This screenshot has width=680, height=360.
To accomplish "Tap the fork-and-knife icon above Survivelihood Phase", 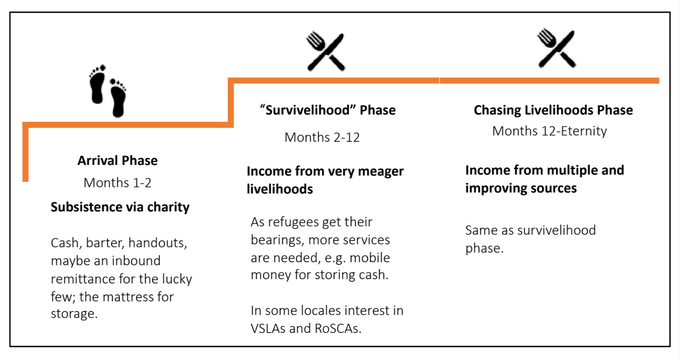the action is pyautogui.click(x=325, y=51).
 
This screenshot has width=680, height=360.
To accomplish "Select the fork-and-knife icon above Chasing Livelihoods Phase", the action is pyautogui.click(x=556, y=48).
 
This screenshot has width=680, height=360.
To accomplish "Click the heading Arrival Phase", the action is pyautogui.click(x=117, y=160).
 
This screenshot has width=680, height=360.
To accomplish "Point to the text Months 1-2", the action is pyautogui.click(x=117, y=182).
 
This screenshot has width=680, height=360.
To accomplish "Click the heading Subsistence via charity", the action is pyautogui.click(x=120, y=207).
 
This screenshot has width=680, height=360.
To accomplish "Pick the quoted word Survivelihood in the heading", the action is pyautogui.click(x=308, y=110).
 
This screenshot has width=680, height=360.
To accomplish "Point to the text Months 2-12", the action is pyautogui.click(x=322, y=137).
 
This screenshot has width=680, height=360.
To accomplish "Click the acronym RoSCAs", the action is pyautogui.click(x=338, y=328).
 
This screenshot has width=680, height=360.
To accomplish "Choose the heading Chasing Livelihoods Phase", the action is pyautogui.click(x=553, y=110).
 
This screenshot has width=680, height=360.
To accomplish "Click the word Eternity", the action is pyautogui.click(x=584, y=131).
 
